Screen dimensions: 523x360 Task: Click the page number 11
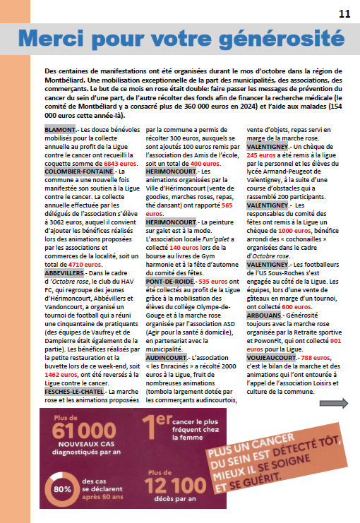point(344,14)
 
